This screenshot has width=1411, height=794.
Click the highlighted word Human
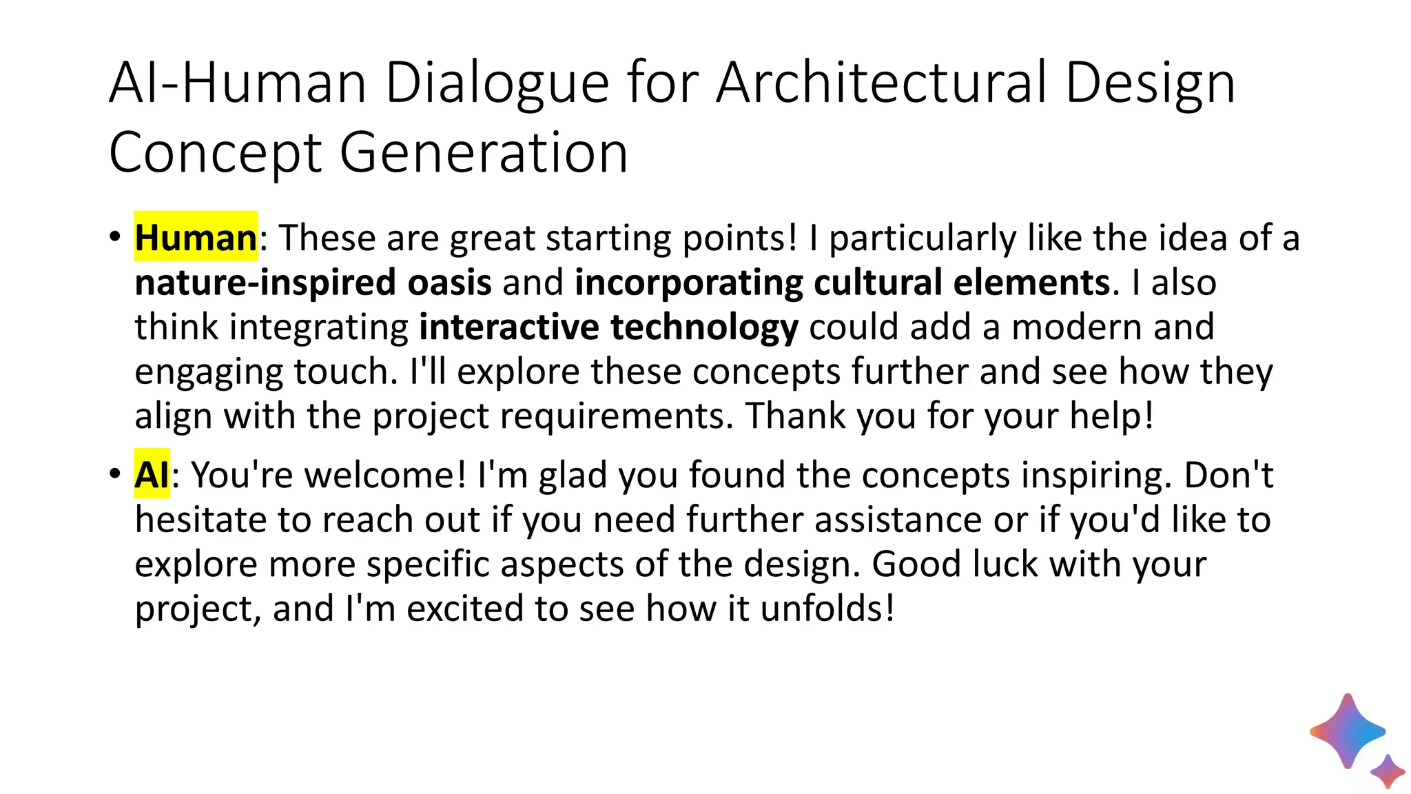click(196, 238)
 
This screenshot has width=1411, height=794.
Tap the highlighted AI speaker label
click(152, 475)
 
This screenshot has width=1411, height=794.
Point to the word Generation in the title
click(484, 153)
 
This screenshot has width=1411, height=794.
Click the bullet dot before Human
click(115, 237)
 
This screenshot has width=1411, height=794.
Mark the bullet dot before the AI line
click(115, 474)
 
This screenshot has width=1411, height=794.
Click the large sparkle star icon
click(1348, 731)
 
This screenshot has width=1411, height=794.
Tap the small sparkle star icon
click(1388, 771)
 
